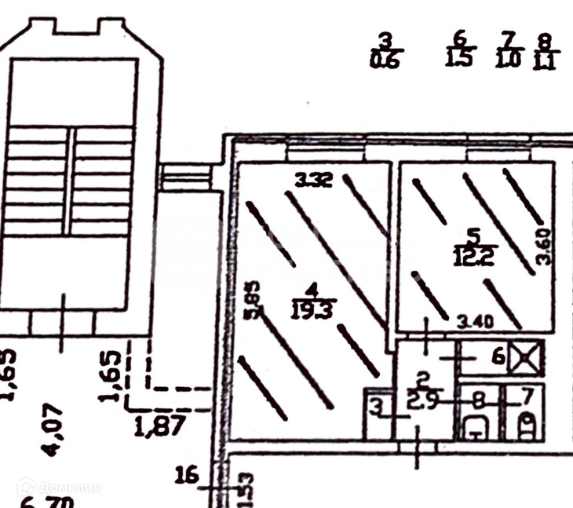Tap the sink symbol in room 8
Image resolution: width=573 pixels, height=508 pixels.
point(477,429)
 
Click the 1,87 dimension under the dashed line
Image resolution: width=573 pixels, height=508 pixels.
point(160,426)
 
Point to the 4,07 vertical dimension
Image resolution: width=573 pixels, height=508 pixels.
point(54,429)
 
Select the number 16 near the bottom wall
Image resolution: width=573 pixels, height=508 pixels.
point(187,475)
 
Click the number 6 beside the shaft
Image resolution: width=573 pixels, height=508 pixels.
point(497,357)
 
